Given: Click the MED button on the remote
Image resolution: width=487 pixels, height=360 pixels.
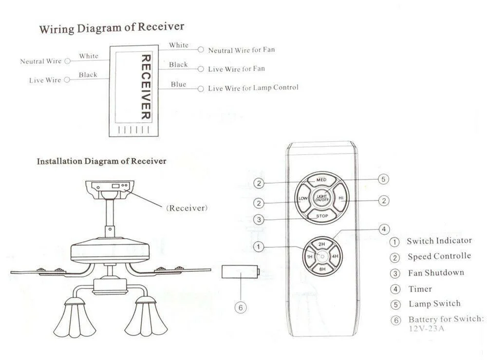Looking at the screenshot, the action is (321, 180).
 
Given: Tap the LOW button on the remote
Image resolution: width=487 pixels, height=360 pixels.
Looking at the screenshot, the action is (302, 199).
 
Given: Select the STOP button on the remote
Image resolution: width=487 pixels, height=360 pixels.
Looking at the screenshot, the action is (321, 216).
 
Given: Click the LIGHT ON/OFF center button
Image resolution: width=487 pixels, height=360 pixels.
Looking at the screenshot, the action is (321, 198).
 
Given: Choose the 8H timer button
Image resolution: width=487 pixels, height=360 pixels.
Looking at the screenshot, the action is (321, 268).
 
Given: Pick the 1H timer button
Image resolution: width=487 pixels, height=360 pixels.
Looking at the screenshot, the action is (309, 256).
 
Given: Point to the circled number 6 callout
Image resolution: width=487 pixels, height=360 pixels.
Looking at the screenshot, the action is (240, 307).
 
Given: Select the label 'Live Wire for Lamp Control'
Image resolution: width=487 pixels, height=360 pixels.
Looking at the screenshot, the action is (253, 88).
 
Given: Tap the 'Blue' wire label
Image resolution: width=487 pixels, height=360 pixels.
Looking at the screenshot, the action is (178, 84).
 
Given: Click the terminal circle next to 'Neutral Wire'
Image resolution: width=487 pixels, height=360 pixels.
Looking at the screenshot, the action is (68, 61).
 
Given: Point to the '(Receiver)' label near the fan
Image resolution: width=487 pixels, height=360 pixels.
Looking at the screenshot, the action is (187, 208).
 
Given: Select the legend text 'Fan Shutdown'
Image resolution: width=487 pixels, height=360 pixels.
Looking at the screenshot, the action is (435, 272).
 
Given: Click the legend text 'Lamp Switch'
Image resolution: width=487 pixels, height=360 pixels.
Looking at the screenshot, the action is (434, 303).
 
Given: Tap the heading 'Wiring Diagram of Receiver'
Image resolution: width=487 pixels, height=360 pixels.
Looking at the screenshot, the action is (112, 28).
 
